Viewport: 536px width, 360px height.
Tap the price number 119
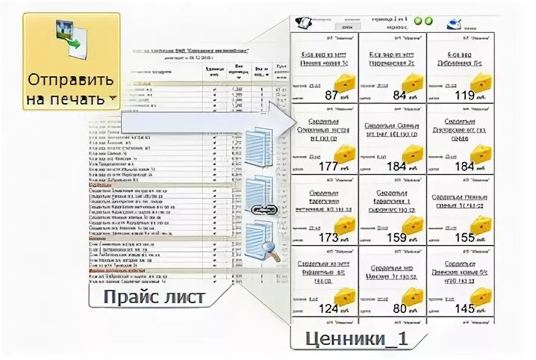[x=464, y=95]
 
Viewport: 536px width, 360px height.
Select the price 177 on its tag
[x=328, y=166]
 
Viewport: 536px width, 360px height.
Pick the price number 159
[x=396, y=238]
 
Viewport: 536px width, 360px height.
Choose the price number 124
[x=328, y=308]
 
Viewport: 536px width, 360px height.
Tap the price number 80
[x=399, y=308]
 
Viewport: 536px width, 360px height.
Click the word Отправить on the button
[x=72, y=78]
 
